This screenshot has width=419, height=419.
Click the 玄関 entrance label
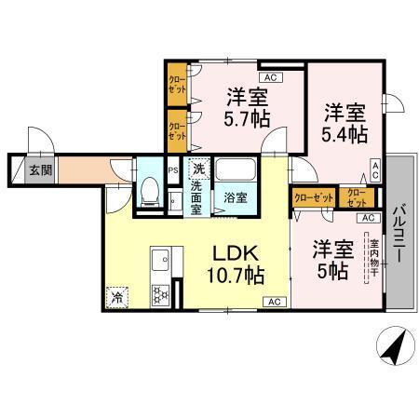click(37, 170)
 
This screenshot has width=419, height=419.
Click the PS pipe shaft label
click(173, 170)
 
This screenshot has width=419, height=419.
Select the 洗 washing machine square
click(197, 169)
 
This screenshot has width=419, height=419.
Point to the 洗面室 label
click(197, 196)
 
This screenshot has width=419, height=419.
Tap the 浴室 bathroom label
click(235, 197)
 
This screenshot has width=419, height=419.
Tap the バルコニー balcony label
click(398, 232)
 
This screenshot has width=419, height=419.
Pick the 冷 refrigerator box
click(118, 297)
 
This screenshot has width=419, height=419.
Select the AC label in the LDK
click(275, 302)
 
